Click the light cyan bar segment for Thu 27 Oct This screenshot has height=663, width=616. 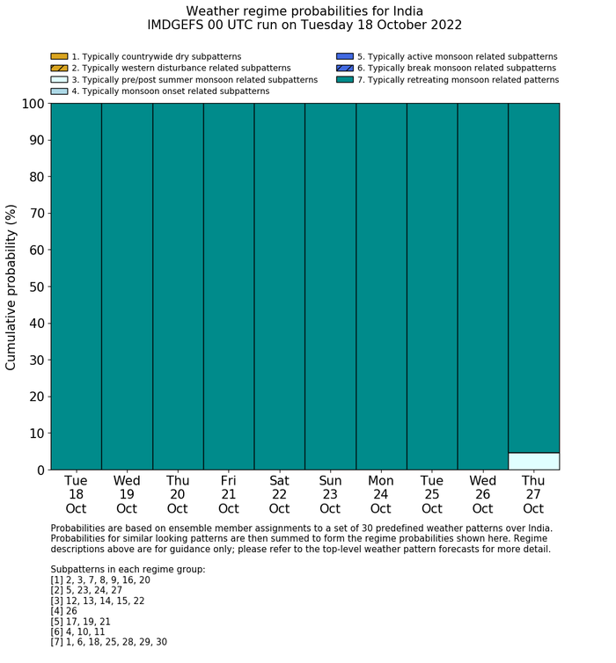tap(533, 461)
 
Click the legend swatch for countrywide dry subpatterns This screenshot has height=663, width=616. tap(59, 57)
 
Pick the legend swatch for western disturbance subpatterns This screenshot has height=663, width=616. tap(59, 69)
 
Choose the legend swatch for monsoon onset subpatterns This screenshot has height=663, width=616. tap(59, 91)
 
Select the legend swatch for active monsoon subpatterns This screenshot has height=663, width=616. tap(344, 57)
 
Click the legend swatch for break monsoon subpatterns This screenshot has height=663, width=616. tap(344, 69)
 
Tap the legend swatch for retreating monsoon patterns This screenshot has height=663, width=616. tap(344, 80)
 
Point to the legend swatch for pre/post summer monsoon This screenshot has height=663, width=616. tap(59, 80)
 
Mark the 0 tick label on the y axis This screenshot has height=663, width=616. tap(39, 470)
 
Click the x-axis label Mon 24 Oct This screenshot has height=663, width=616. tap(381, 494)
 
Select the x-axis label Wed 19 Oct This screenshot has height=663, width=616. tap(127, 494)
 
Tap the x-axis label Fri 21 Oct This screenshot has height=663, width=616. tap(229, 494)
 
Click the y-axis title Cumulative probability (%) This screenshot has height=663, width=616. tap(11, 287)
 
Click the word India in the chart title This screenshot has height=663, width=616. tap(404, 11)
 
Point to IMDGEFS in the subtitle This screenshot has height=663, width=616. tap(179, 25)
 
